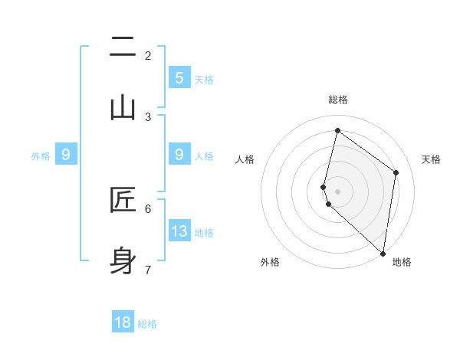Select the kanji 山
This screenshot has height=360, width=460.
click(x=123, y=108)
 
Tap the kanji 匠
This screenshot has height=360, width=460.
click(x=123, y=200)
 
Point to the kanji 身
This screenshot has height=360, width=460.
click(x=123, y=260)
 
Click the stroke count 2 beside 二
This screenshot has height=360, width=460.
click(x=148, y=55)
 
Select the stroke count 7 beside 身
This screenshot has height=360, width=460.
click(x=148, y=269)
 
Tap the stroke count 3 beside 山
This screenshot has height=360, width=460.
click(x=148, y=116)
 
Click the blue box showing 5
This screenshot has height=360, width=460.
click(x=179, y=77)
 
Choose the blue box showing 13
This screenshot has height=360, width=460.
click(x=179, y=231)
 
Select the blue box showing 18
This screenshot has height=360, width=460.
click(x=123, y=322)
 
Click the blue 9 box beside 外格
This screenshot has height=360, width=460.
click(x=66, y=154)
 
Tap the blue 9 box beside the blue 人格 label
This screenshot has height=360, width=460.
click(x=179, y=154)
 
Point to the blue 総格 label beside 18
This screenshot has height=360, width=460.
click(x=147, y=324)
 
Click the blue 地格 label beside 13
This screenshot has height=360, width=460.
click(x=204, y=233)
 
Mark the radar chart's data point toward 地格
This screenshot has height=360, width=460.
click(x=383, y=252)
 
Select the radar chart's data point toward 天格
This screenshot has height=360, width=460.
click(x=396, y=172)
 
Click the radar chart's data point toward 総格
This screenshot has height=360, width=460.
click(x=337, y=130)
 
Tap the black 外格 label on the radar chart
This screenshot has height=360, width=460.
click(x=270, y=262)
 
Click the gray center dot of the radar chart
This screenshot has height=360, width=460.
click(x=337, y=191)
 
